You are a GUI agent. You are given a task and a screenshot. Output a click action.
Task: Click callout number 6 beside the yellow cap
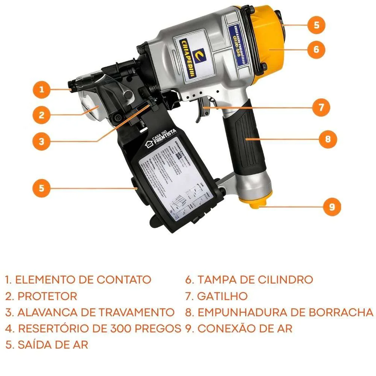click(x=316, y=49)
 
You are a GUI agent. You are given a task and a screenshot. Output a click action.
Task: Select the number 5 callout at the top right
click(x=316, y=25)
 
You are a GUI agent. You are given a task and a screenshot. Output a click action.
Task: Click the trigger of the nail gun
click(x=202, y=109)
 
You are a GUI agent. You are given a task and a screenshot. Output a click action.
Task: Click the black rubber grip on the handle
click(x=243, y=139)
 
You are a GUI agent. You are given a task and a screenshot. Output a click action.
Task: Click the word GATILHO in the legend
click(x=222, y=296)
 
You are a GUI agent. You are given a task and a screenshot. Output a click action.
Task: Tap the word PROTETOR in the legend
click(x=47, y=296)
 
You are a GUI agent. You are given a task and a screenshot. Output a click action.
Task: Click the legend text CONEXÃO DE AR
click(x=245, y=328)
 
